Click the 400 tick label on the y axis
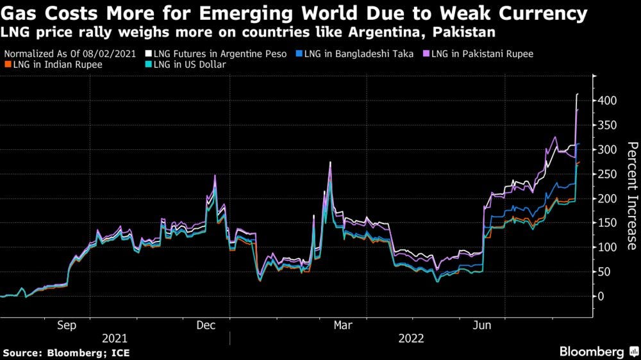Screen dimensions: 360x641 (608, 101)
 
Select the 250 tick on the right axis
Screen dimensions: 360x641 (608, 174)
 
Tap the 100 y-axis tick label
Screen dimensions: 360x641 (608, 247)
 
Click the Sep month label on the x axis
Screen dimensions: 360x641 (67, 325)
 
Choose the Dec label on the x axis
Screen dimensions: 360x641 (206, 325)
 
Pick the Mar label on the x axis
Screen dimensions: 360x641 (343, 325)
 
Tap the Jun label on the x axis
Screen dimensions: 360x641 (483, 325)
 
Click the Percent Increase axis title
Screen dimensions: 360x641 (631, 195)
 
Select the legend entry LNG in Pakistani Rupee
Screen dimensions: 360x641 (483, 54)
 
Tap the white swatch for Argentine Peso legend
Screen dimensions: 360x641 (148, 54)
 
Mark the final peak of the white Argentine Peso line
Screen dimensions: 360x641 (578, 94)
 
